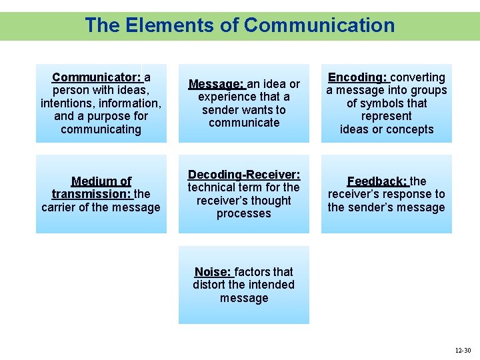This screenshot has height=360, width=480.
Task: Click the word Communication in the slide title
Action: [x=319, y=25]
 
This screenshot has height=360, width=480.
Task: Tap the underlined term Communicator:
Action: [x=97, y=77]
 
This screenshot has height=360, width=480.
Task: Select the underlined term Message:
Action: [x=216, y=85]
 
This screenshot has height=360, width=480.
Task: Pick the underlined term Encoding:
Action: [x=357, y=77]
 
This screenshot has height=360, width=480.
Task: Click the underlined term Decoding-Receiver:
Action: [x=243, y=175]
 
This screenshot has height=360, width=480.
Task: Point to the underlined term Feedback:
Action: [x=377, y=181]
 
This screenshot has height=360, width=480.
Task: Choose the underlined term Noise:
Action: [x=213, y=272]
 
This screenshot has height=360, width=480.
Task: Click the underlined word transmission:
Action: [x=92, y=194]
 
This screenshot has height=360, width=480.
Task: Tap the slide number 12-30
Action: [x=463, y=350]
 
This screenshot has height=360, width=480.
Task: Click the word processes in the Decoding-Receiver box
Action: [x=243, y=213]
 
